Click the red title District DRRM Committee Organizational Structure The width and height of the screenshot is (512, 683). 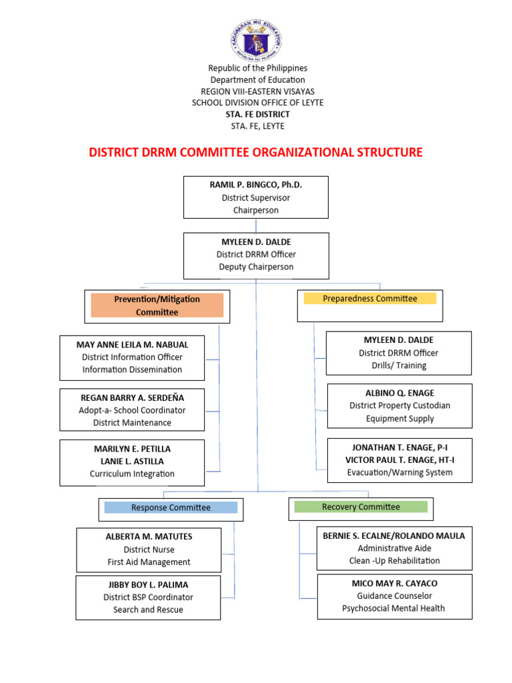click(x=256, y=152)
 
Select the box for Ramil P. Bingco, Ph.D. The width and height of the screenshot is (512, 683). click(x=256, y=197)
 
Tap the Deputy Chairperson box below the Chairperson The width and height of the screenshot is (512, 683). click(x=256, y=255)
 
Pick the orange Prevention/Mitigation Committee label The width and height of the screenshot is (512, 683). click(x=157, y=305)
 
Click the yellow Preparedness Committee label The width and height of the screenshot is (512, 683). click(x=370, y=298)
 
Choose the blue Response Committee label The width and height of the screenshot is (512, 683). click(x=171, y=508)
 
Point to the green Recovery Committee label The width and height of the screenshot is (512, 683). click(x=361, y=507)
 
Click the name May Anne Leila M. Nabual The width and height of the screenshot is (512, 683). click(x=133, y=345)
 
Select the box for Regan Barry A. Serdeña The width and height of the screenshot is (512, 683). click(x=132, y=410)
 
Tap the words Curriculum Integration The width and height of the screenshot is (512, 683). click(x=132, y=474)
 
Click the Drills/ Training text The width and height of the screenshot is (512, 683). click(x=399, y=366)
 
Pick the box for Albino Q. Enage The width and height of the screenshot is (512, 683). click(x=399, y=406)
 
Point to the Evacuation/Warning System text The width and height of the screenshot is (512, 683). click(x=399, y=472)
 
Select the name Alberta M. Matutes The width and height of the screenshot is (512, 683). click(x=148, y=537)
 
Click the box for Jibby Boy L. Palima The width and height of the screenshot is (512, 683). click(x=148, y=597)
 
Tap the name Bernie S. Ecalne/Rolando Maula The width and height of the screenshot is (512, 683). click(x=394, y=536)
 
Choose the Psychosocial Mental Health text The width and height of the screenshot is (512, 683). click(x=393, y=608)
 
